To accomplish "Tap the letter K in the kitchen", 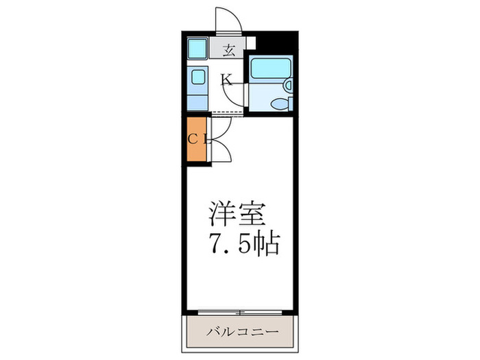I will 226,80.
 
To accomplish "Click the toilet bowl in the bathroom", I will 280,105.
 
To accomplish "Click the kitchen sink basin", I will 197,77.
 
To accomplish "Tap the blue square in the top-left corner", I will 197,48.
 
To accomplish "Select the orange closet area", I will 196,141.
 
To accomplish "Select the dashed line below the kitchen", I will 226,112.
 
